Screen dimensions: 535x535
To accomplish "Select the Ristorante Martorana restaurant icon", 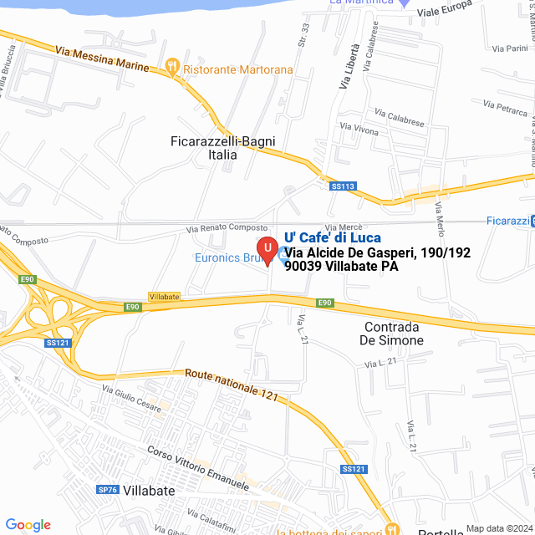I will (173, 66).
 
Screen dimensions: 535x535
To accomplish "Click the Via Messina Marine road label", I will (102, 59).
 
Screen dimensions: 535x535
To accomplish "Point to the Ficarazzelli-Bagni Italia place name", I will (222, 148).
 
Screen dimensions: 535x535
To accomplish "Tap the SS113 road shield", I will (343, 186).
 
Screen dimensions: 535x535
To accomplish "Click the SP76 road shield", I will (107, 490).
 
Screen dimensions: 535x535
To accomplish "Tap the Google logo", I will (28, 525).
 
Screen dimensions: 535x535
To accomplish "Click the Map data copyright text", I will (498, 528).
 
